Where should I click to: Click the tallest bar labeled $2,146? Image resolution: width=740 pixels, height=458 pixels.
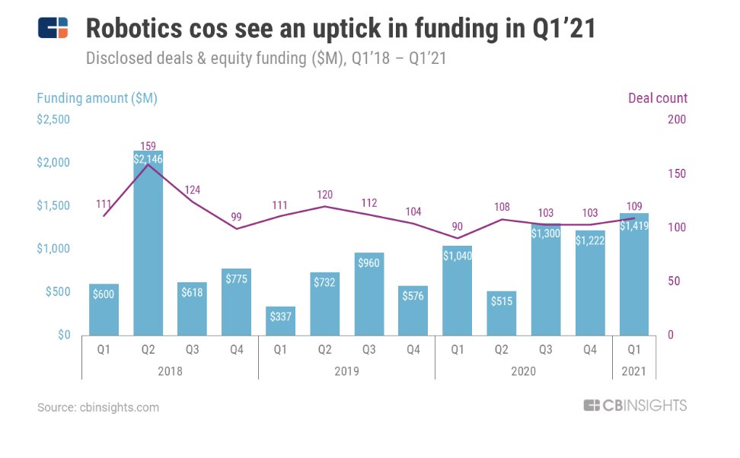(x=148, y=243)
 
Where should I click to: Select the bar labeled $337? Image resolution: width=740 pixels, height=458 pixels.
(x=280, y=321)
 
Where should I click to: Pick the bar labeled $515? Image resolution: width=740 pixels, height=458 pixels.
(x=501, y=313)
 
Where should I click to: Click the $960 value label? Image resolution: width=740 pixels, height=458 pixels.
(x=368, y=262)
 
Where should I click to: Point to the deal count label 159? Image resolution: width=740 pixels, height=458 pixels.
(x=148, y=145)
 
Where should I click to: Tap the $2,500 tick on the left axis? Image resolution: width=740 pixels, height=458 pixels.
(x=53, y=119)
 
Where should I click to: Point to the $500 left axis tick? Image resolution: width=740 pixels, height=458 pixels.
(x=56, y=292)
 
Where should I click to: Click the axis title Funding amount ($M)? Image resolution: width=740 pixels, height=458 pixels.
(x=97, y=98)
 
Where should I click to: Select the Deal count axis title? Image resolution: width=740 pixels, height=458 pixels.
(x=657, y=98)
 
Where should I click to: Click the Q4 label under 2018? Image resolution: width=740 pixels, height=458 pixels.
(x=236, y=351)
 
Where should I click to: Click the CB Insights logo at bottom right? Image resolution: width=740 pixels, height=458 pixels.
(x=635, y=406)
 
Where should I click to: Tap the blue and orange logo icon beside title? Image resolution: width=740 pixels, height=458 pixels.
(x=53, y=29)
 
